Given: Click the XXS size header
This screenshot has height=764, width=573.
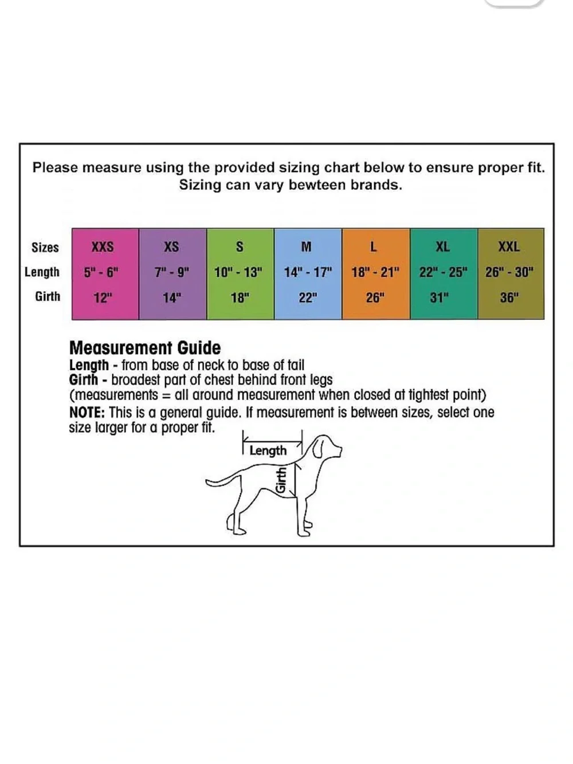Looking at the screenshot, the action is pos(103,247).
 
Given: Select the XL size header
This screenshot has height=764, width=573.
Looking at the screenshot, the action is pos(442,247).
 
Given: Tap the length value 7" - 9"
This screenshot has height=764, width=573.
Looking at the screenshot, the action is pos(172,272).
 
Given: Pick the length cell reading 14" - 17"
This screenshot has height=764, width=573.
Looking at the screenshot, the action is pos(308,272).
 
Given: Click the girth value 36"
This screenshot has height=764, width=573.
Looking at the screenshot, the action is pos(509,297).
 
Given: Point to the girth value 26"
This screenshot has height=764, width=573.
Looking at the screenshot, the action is pos(375,297).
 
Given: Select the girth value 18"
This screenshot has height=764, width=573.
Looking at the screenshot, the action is pos(240,297).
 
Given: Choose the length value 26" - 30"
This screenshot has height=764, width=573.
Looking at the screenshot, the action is pos(509,272).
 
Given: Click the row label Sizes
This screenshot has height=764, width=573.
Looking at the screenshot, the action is pos(45,248).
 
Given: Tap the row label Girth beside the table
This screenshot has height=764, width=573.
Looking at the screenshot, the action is pos(48,296).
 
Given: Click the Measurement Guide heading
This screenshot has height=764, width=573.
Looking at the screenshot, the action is pos(145,348).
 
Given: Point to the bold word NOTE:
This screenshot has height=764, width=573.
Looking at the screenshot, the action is pos(87,413).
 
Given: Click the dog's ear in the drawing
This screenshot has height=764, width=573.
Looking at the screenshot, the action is pos(319,448).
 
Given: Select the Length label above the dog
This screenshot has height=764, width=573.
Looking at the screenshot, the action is pos(268,450).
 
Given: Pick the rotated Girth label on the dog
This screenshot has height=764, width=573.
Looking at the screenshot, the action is pos(281,480).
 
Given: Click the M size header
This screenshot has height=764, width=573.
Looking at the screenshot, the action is pos(306,247).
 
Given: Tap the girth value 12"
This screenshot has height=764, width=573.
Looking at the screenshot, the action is pos(103,297).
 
